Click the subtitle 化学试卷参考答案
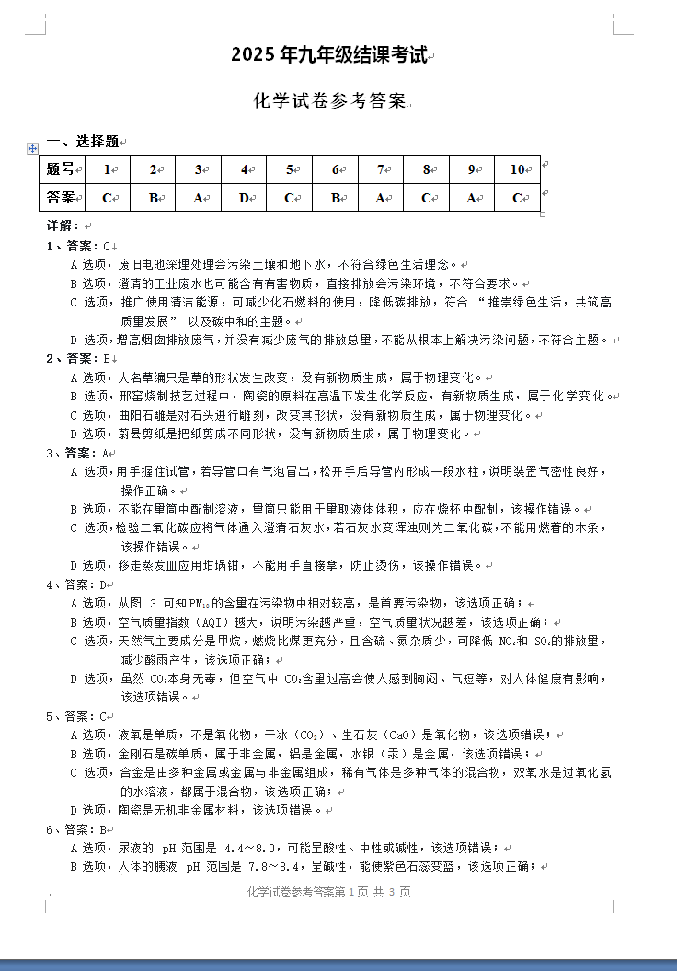(x=329, y=101)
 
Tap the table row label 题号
(x=61, y=169)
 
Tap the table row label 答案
(x=61, y=197)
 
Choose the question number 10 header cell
(x=518, y=169)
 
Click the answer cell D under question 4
(x=244, y=197)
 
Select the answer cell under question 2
(x=153, y=197)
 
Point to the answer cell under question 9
(x=472, y=197)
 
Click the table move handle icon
(x=33, y=147)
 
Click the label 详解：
(x=63, y=225)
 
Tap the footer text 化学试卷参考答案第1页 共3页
(x=329, y=892)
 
